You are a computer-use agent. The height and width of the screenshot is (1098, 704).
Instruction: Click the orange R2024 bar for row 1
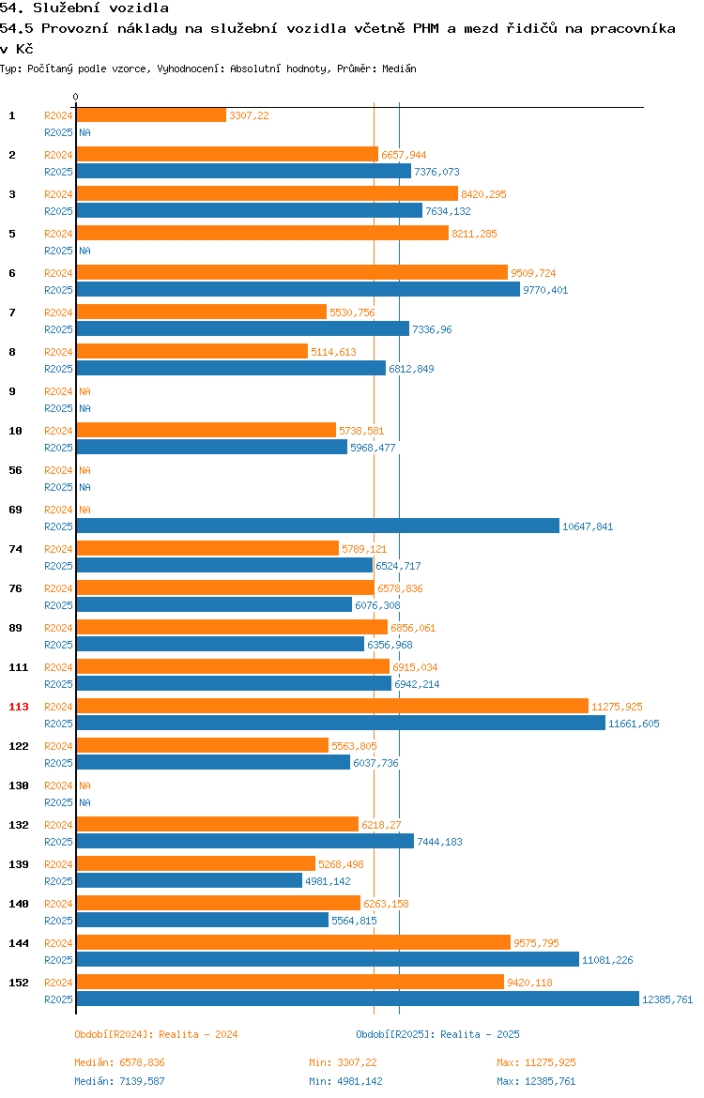click(x=151, y=115)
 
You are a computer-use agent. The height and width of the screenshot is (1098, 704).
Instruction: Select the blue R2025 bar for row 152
click(x=358, y=999)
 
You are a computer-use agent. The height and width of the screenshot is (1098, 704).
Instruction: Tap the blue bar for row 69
click(x=318, y=526)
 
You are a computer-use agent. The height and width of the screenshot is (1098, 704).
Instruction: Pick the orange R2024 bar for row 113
click(x=332, y=707)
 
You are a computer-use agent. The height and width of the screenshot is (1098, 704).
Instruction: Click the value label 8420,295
click(x=483, y=194)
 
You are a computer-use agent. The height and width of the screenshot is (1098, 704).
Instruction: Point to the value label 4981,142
click(x=328, y=881)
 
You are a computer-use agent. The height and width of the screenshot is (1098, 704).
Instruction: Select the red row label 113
click(x=18, y=707)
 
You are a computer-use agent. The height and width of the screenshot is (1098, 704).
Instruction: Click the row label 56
click(x=15, y=470)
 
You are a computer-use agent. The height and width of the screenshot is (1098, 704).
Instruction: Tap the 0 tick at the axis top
click(x=76, y=98)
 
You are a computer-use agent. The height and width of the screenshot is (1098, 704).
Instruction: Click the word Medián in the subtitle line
click(x=399, y=69)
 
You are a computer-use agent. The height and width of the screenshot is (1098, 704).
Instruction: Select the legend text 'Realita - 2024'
click(x=198, y=1034)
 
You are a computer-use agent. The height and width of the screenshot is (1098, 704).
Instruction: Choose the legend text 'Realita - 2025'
click(x=480, y=1034)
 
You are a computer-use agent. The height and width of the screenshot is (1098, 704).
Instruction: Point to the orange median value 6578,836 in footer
click(x=142, y=1062)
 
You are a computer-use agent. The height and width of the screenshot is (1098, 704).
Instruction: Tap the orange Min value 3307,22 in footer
click(x=358, y=1062)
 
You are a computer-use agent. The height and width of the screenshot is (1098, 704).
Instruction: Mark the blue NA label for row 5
click(x=84, y=251)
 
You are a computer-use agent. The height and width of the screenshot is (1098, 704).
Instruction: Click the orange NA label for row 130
click(x=84, y=785)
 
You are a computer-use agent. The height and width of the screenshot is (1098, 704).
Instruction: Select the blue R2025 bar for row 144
click(x=328, y=960)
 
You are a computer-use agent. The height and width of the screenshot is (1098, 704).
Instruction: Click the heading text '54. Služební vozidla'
click(x=84, y=8)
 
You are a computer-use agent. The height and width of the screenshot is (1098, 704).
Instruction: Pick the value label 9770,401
click(x=545, y=290)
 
